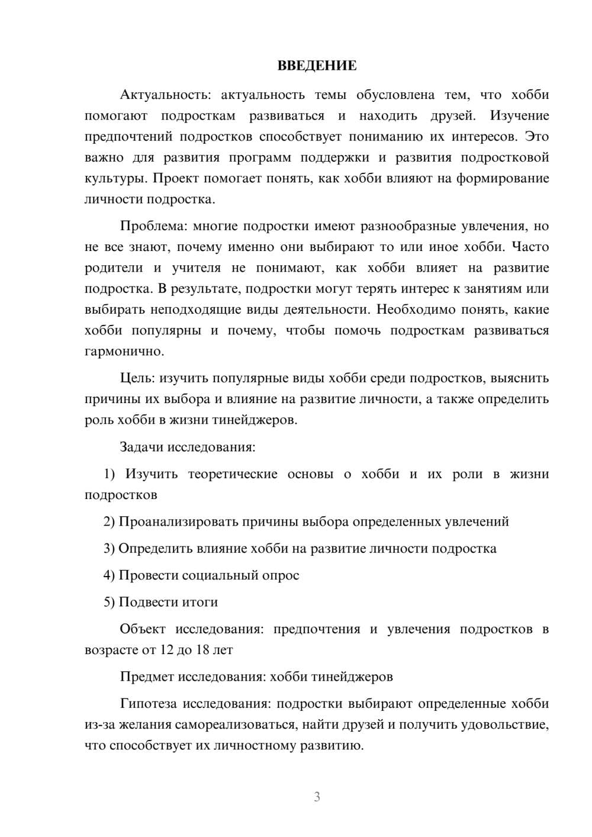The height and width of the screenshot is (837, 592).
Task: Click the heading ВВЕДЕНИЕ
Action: pyautogui.click(x=317, y=66)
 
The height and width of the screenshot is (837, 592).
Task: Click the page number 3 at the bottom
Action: pyautogui.click(x=317, y=797)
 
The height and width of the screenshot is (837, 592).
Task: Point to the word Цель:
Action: pyautogui.click(x=137, y=378)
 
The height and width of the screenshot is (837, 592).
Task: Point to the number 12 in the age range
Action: pyautogui.click(x=166, y=650)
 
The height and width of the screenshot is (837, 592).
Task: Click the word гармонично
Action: pyautogui.click(x=123, y=352)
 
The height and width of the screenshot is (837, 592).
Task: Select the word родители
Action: pyautogui.click(x=114, y=268)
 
